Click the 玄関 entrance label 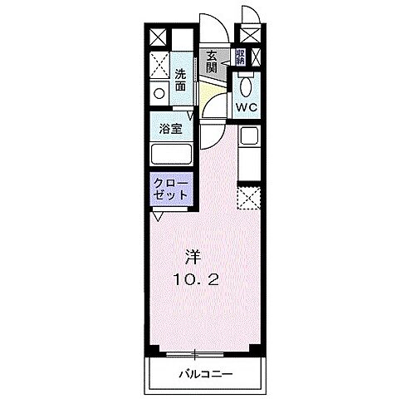click(212, 62)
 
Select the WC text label click(247, 107)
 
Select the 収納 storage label click(239, 57)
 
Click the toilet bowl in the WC click(247, 86)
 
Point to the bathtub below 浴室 click(171, 155)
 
